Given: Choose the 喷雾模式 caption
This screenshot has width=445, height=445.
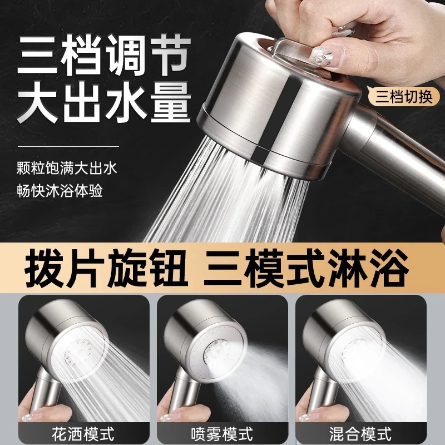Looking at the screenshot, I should pos(222,431).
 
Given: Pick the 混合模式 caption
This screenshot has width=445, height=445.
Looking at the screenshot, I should pos(360,431).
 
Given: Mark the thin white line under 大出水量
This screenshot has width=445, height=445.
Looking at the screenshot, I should pos(66,146).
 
